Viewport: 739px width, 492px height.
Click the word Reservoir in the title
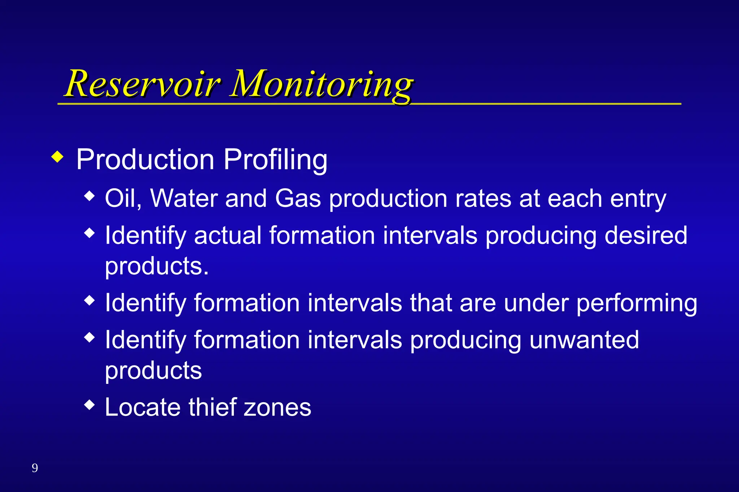pyautogui.click(x=143, y=84)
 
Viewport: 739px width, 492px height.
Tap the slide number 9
pyautogui.click(x=35, y=468)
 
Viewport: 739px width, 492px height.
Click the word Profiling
pyautogui.click(x=275, y=160)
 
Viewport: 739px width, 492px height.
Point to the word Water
pyautogui.click(x=184, y=198)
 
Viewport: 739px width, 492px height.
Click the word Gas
pyautogui.click(x=298, y=198)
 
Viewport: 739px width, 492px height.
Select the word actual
pyautogui.click(x=228, y=236)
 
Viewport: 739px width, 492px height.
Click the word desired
pyautogui.click(x=646, y=236)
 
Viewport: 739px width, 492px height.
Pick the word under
pyautogui.click(x=536, y=303)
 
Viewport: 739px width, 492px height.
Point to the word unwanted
pyautogui.click(x=584, y=340)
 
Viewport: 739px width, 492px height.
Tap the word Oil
pyautogui.click(x=122, y=198)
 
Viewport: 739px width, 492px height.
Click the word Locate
pyautogui.click(x=143, y=407)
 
